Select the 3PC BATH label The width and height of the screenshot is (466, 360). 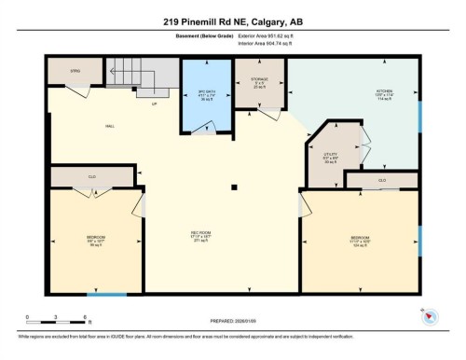tap(207, 93)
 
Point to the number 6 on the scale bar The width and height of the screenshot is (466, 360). tap(86, 318)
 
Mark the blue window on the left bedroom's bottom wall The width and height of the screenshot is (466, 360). tap(113, 295)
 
